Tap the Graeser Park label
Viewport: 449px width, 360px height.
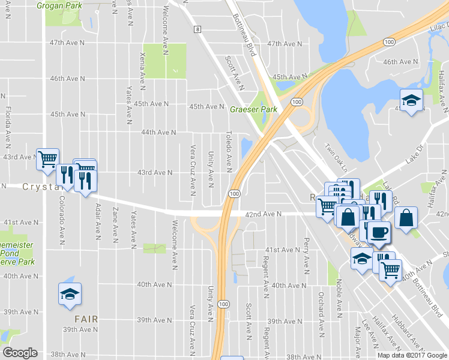(253, 110)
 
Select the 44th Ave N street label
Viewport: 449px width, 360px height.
(158, 132)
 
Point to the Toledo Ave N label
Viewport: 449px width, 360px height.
(229, 150)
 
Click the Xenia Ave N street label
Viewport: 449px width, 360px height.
(142, 68)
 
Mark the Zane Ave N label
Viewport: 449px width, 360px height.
(115, 222)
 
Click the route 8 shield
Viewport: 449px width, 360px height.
(196, 29)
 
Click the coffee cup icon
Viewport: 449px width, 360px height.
(378, 231)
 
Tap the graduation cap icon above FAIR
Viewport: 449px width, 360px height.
(70, 293)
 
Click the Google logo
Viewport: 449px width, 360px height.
(20, 353)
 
